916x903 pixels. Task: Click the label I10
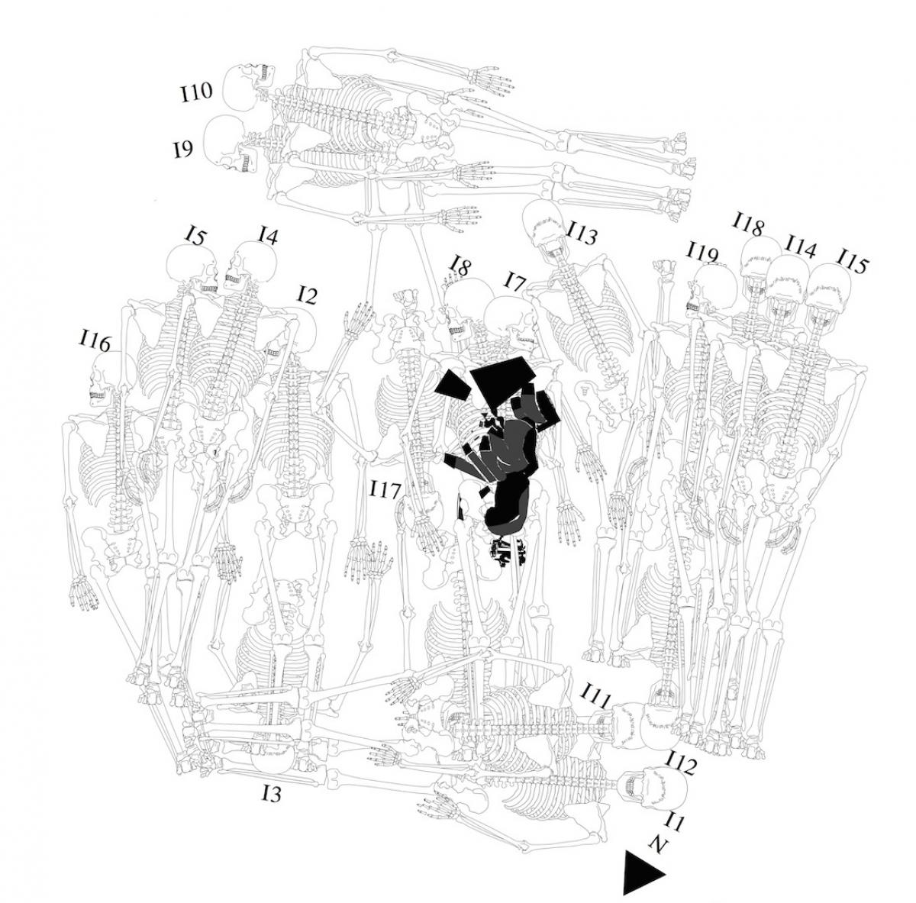point(196,92)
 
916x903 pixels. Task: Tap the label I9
point(183,150)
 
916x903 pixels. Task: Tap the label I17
point(386,489)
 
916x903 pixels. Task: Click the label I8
point(460,266)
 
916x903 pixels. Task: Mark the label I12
point(682,765)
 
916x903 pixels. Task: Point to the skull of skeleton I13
point(545,224)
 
